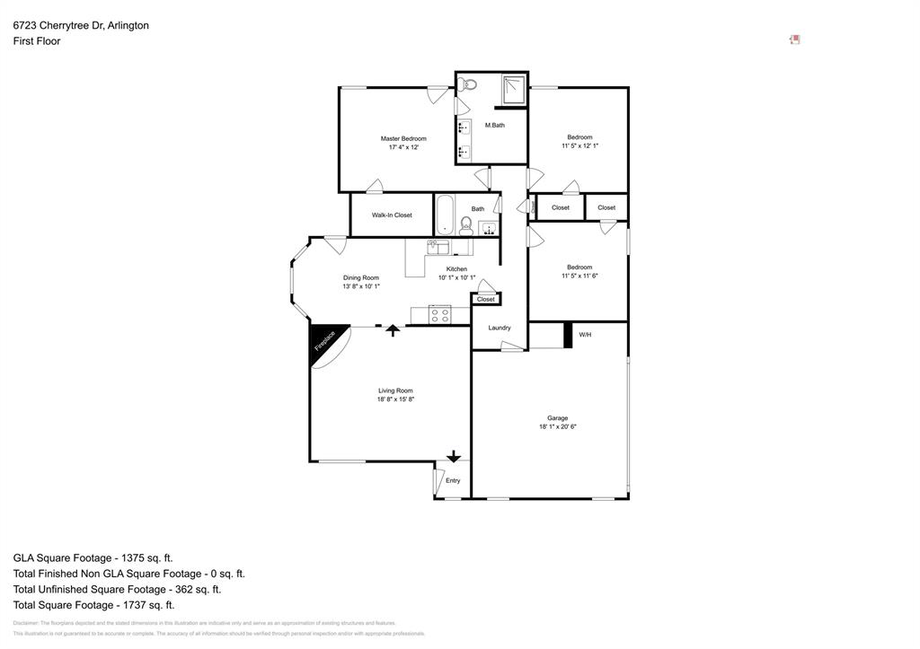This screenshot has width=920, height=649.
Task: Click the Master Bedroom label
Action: click(402, 138)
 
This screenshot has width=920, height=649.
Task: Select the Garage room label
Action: click(557, 417)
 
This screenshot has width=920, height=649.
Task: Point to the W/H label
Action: click(585, 335)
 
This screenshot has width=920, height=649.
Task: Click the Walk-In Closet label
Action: click(392, 215)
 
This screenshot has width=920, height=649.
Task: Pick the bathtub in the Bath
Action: click(447, 215)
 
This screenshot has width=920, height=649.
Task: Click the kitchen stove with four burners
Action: click(440, 315)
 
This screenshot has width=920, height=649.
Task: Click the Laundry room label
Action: click(500, 328)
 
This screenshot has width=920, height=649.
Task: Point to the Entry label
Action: click(453, 480)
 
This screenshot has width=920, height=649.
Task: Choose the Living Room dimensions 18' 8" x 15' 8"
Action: click(395, 399)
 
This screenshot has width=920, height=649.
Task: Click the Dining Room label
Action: click(361, 277)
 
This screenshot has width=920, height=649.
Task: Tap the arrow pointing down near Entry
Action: click(454, 456)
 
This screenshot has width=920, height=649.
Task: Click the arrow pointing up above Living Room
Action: click(392, 330)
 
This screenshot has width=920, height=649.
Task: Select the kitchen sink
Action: click(438, 244)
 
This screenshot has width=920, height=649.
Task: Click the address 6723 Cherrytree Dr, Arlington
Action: click(81, 26)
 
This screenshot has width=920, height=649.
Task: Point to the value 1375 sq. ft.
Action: click(153, 557)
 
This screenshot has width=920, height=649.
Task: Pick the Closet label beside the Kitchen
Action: click(486, 299)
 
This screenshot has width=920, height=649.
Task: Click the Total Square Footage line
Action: click(93, 605)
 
